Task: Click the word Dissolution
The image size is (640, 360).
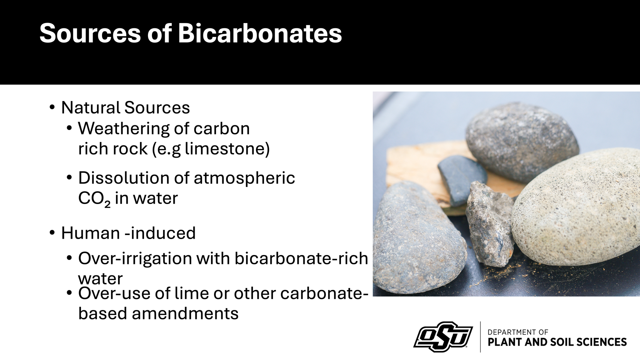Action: [x=124, y=178]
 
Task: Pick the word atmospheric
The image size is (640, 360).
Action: [x=244, y=178]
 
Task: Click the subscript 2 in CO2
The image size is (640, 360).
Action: [x=107, y=203]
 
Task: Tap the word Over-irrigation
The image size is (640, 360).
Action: [x=135, y=258]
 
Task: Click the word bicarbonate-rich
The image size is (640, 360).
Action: [x=301, y=258]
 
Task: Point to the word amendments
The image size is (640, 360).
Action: [x=185, y=313]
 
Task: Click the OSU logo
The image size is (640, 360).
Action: [x=443, y=337]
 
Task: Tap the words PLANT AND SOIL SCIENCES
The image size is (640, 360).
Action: [x=557, y=342]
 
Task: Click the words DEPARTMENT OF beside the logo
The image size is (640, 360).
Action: [x=518, y=332]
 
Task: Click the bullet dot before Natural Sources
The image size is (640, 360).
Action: [x=52, y=107]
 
